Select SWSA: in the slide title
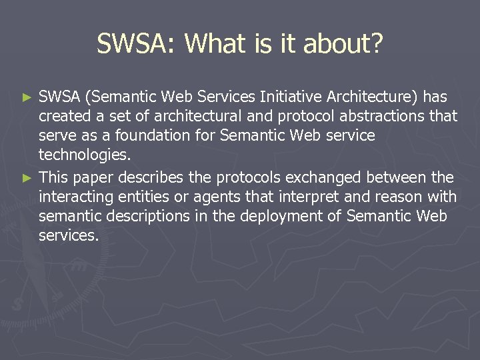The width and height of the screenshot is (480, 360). pyautogui.click(x=137, y=44)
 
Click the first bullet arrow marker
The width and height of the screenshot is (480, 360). pyautogui.click(x=27, y=98)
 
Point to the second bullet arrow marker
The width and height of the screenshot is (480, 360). pyautogui.click(x=27, y=179)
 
